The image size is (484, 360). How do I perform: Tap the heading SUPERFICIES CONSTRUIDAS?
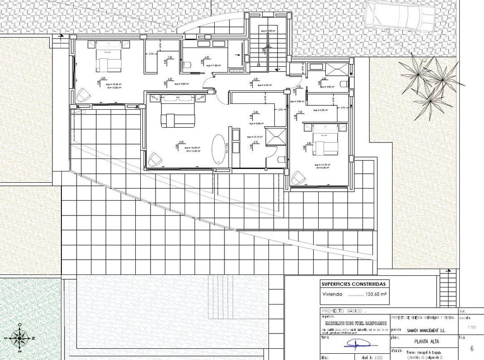(x=353, y=284)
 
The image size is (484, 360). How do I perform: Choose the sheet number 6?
(x=471, y=348)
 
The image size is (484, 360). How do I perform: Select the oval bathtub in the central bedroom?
(x=219, y=149)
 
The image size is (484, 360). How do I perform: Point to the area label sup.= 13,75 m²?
(x=322, y=165)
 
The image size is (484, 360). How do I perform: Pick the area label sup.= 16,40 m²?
(x=112, y=84)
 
